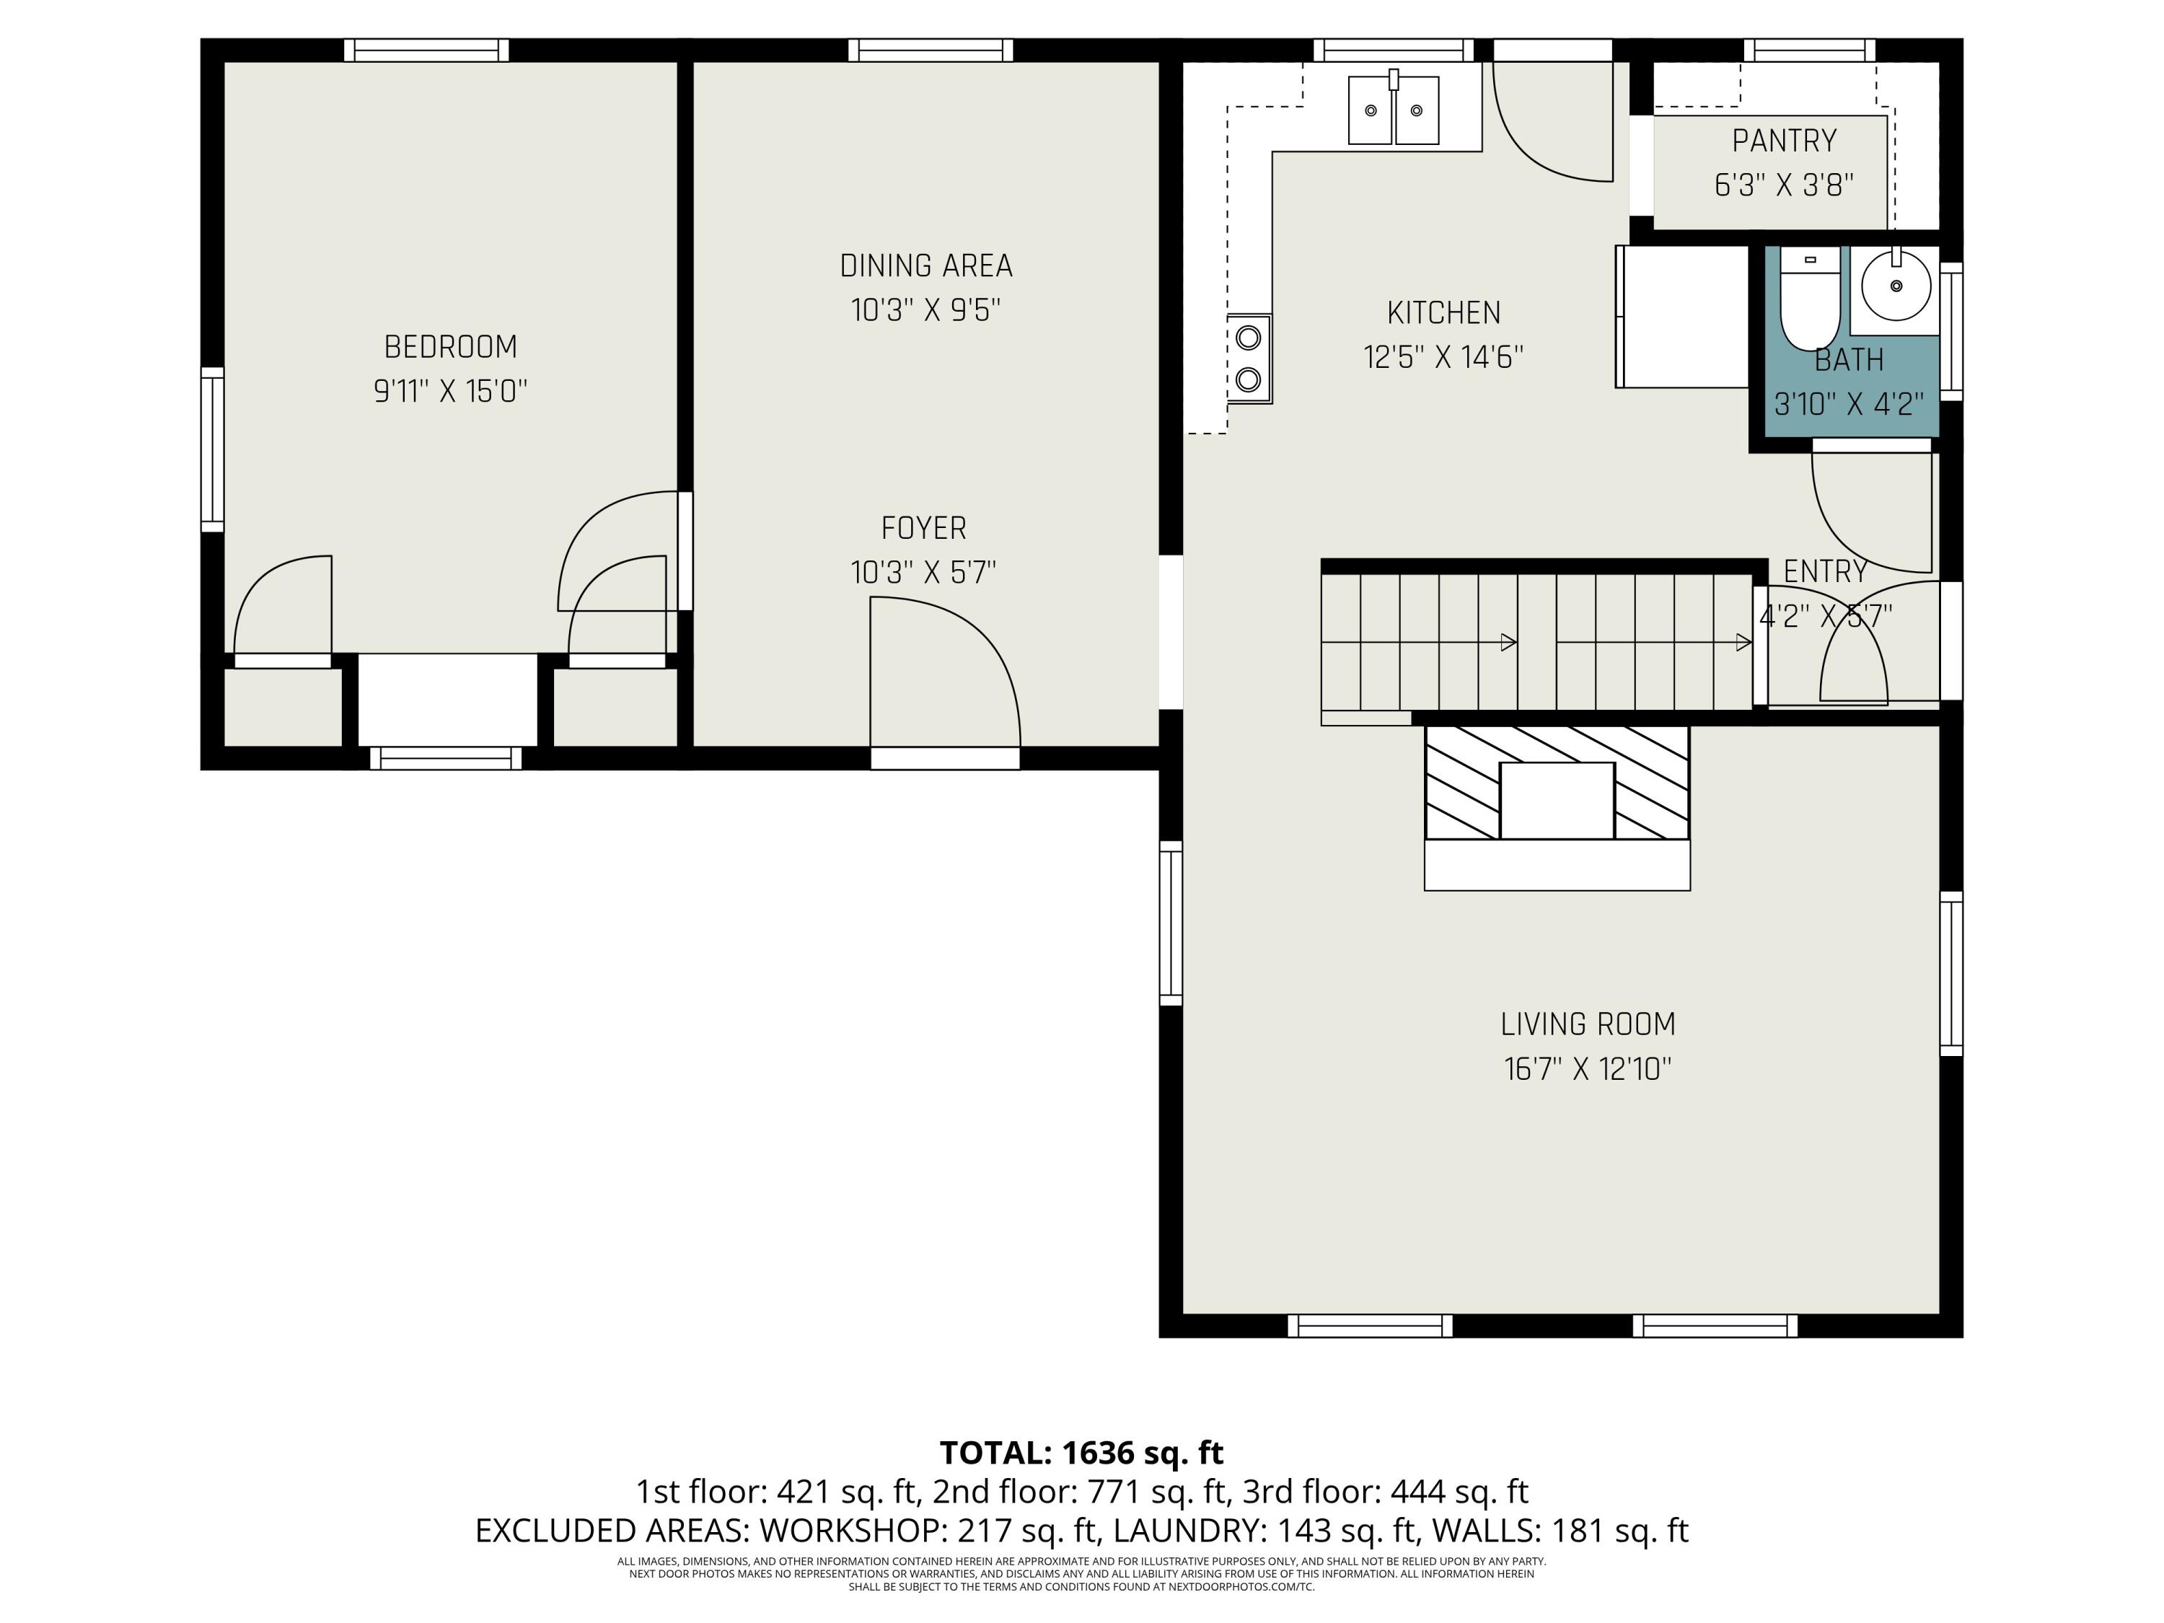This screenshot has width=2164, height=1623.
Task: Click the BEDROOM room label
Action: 450,347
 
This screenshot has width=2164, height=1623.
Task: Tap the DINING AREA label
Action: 925,266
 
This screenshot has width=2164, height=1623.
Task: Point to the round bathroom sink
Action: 1895,286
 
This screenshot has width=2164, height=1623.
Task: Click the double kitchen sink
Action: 1393,110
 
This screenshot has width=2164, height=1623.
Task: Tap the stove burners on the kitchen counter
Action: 1249,358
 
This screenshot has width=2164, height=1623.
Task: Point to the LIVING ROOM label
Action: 1587,1024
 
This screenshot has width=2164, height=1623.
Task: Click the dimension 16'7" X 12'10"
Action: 1587,1069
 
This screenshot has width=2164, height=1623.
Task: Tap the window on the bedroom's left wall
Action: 212,450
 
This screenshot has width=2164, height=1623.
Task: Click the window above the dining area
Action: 929,50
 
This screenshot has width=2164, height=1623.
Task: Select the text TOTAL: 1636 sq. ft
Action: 1081,1453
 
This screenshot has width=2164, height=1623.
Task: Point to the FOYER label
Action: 923,528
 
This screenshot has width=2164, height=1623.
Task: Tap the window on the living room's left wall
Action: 1170,923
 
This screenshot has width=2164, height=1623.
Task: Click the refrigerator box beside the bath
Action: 1681,316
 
